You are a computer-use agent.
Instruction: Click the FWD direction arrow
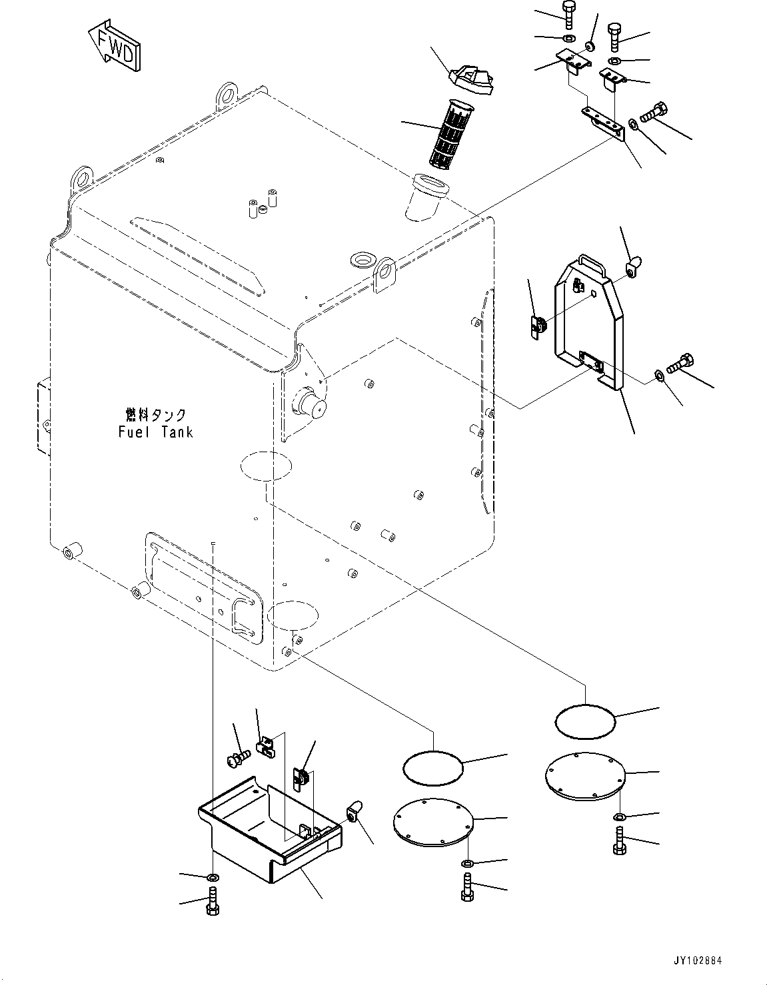[114, 45]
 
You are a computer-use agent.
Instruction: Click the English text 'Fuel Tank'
[155, 432]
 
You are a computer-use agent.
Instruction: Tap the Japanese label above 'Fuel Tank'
[155, 414]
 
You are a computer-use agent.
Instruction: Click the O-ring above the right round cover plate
[584, 721]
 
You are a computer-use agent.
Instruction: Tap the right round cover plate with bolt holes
[584, 775]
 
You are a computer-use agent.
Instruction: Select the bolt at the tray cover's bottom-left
[213, 904]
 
